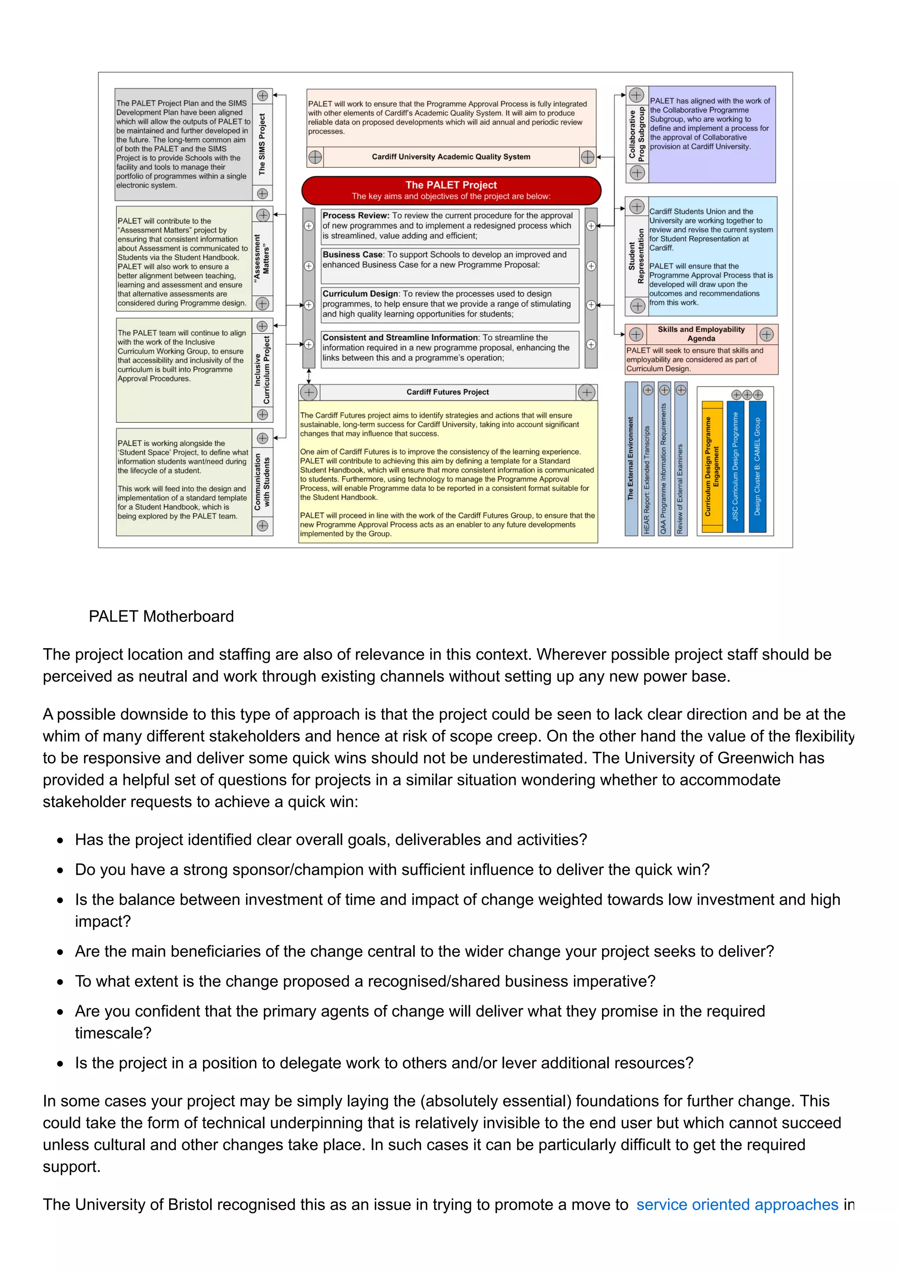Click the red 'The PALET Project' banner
(x=451, y=190)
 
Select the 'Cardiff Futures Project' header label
(x=447, y=392)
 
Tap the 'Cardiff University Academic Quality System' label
(x=450, y=157)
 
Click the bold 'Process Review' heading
(x=355, y=215)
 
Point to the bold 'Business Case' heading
(x=353, y=255)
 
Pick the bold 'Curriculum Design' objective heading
(x=360, y=294)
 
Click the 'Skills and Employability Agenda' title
(x=701, y=334)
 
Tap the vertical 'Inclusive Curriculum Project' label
(x=262, y=370)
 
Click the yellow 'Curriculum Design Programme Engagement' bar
(x=712, y=466)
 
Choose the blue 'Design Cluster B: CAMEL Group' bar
(x=756, y=466)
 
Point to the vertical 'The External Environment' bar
(x=631, y=458)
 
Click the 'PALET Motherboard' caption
(x=161, y=616)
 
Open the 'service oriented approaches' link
(x=737, y=1205)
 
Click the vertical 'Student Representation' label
(x=636, y=256)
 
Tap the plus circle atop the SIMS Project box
(x=262, y=96)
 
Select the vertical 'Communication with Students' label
(x=262, y=482)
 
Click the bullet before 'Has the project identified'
(x=60, y=840)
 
